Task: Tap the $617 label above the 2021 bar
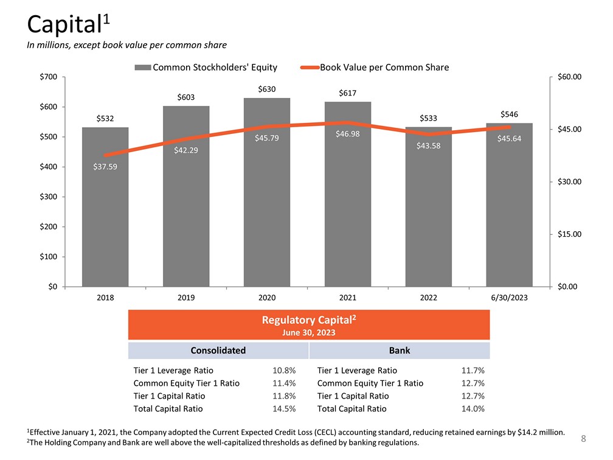pyautogui.click(x=348, y=93)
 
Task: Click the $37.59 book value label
pyautogui.click(x=105, y=167)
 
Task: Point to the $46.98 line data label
pyautogui.click(x=348, y=134)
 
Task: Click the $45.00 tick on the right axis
pyautogui.click(x=569, y=130)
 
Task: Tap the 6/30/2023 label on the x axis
pyautogui.click(x=509, y=298)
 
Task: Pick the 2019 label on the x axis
pyautogui.click(x=186, y=298)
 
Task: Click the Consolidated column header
pyautogui.click(x=218, y=350)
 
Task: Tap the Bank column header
pyautogui.click(x=399, y=350)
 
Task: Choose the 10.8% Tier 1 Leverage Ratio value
pyautogui.click(x=285, y=371)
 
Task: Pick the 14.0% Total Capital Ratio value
pyautogui.click(x=473, y=409)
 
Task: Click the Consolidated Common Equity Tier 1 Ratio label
pyautogui.click(x=186, y=383)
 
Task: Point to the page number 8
pyautogui.click(x=583, y=439)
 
